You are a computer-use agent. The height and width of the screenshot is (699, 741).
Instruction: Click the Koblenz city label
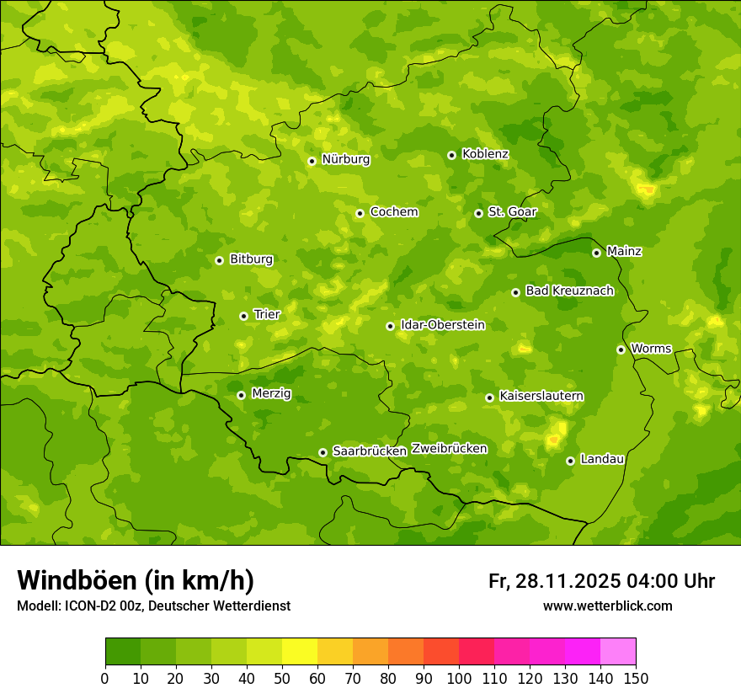[486, 154]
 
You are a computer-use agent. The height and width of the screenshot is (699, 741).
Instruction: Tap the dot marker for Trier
[243, 316]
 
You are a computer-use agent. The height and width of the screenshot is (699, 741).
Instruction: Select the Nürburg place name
[345, 159]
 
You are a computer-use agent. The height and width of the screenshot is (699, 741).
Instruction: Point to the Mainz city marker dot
[596, 253]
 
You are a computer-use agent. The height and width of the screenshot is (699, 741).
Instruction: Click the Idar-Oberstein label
[443, 325]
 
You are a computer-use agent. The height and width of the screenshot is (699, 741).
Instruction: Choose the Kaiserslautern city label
[541, 397]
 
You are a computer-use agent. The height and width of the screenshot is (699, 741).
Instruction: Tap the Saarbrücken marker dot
[323, 452]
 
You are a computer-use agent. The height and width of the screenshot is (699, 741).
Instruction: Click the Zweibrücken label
[449, 449]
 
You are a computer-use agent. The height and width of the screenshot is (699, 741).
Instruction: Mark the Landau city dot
[570, 461]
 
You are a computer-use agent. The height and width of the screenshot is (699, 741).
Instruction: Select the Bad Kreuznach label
[569, 291]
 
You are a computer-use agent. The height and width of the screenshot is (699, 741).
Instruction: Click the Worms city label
[651, 349]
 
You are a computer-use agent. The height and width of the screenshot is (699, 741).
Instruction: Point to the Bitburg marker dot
[219, 260]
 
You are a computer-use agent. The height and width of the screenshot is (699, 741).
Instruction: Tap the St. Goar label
[512, 212]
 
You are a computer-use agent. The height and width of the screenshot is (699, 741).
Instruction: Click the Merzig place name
[271, 393]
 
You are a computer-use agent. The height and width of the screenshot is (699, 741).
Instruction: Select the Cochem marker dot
[360, 213]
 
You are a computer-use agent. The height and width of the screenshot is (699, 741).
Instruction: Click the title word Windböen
[77, 580]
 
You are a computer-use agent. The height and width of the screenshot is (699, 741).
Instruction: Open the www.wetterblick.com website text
[607, 606]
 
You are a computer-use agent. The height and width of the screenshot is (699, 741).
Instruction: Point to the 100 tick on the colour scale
[459, 678]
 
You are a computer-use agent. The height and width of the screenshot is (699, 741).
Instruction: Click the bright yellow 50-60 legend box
[300, 652]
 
